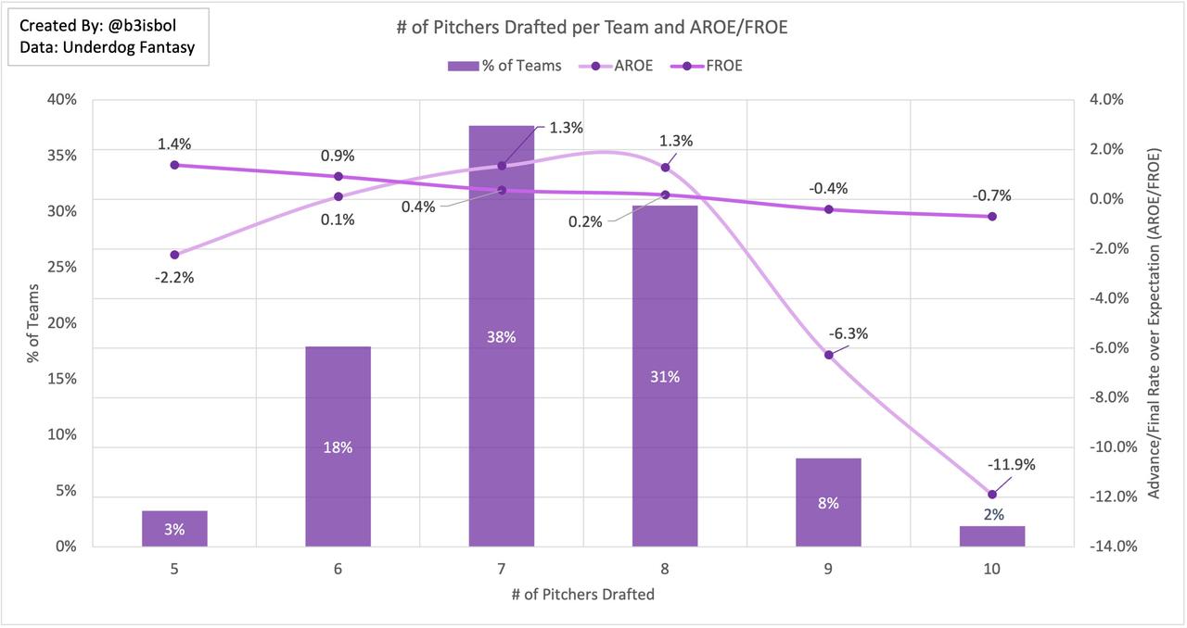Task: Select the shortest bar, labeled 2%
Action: (992, 536)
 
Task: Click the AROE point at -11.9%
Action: (992, 495)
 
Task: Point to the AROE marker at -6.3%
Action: (829, 355)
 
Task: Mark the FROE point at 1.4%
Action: (174, 165)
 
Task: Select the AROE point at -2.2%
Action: (174, 255)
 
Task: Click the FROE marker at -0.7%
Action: (992, 217)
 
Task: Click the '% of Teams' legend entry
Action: (504, 66)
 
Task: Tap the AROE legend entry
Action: (622, 66)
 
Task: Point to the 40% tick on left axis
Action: (62, 100)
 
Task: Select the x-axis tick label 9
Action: (828, 570)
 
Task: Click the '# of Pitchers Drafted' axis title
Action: (582, 595)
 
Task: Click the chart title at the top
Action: (592, 29)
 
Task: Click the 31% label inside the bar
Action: (665, 377)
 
